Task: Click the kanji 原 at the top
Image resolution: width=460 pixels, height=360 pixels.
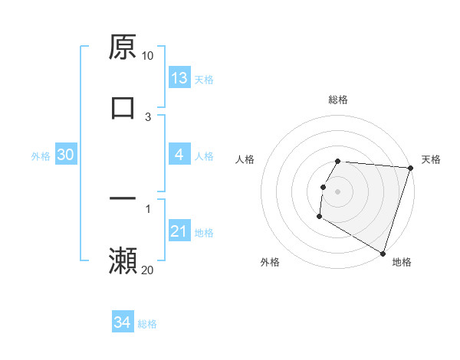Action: tap(122, 47)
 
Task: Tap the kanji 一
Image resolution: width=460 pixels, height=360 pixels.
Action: tap(122, 198)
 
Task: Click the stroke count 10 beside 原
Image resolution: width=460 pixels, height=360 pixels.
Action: tap(148, 56)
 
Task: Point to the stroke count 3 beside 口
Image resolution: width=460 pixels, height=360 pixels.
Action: tap(148, 116)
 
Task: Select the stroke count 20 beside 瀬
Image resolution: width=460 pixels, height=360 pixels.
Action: tap(148, 270)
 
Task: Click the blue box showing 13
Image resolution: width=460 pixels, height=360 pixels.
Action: tap(179, 78)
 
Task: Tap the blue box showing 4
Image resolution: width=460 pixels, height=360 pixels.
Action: tap(179, 155)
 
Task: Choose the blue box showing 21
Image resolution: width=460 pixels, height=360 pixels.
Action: tap(179, 231)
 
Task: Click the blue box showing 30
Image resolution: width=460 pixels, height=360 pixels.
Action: tap(65, 155)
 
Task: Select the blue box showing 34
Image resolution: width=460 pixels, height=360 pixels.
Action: tap(122, 322)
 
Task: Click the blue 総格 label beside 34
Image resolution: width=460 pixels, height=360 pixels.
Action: tap(147, 324)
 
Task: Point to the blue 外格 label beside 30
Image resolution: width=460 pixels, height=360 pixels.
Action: tap(41, 156)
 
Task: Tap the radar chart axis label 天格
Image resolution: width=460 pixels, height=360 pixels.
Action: tap(431, 159)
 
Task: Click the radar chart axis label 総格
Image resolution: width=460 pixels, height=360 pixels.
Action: tap(338, 100)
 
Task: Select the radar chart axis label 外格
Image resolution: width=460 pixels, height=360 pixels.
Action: tap(270, 262)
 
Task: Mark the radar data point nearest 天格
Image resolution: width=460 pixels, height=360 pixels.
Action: tap(410, 168)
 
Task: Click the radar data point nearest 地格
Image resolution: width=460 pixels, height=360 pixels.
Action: tap(383, 253)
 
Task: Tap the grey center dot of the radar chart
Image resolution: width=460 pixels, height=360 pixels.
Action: tap(338, 191)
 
